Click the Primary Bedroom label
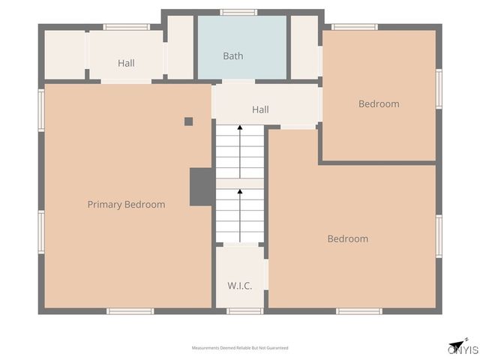[x=126, y=204]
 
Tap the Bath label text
[x=233, y=56]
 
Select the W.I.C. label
[x=239, y=286]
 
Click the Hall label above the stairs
[x=260, y=109]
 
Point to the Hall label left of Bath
[x=126, y=64]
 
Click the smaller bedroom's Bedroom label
[x=379, y=104]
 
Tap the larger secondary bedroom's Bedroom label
[x=348, y=238]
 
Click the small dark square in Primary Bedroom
[x=188, y=121]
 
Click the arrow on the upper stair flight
[x=240, y=149]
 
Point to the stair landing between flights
[x=240, y=184]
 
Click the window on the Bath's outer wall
[x=238, y=12]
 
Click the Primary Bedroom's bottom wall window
[x=130, y=310]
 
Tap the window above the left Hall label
[x=126, y=27]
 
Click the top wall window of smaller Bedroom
[x=354, y=27]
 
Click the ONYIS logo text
[x=463, y=350]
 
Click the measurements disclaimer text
[x=240, y=348]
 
